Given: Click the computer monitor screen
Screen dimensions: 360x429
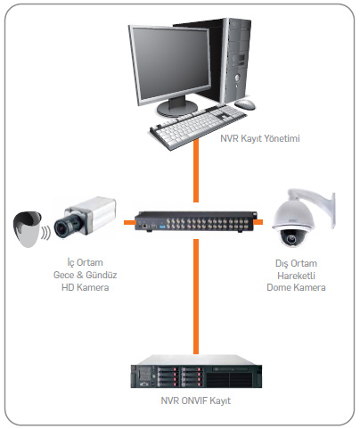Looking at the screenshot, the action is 172,63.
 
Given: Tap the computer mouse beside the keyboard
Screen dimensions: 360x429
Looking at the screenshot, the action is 245,104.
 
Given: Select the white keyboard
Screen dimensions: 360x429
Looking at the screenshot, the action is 198,126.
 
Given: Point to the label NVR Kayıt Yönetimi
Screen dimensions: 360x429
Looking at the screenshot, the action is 260,138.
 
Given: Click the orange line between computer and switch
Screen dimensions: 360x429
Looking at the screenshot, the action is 196,171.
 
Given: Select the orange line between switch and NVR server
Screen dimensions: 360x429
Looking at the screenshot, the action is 196,296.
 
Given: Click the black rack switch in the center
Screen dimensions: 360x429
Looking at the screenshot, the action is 196,221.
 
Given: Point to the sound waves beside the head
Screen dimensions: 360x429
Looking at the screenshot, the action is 46,233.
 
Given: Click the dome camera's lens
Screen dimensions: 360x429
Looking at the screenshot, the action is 290,238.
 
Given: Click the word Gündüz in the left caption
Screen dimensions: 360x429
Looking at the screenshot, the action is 102,275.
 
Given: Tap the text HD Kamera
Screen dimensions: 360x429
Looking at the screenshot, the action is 86,287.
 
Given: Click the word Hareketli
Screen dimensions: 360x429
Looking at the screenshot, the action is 296,276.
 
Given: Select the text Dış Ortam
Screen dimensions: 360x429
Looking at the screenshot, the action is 296,264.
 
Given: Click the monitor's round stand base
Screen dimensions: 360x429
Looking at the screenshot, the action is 176,109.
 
